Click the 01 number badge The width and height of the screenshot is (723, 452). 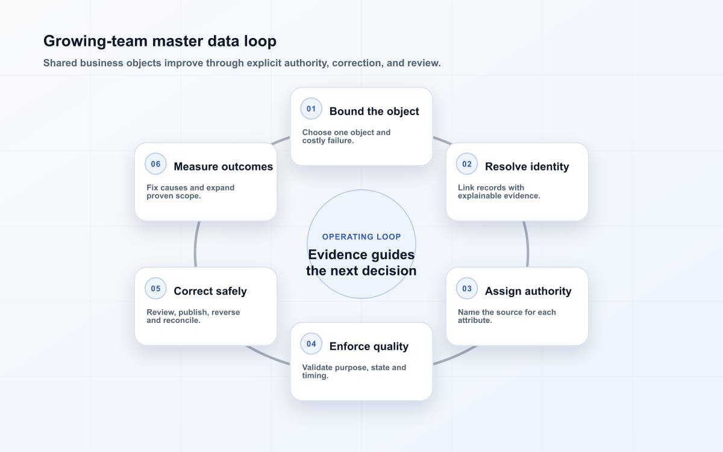pyautogui.click(x=311, y=109)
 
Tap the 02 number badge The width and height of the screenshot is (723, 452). pyautogui.click(x=467, y=164)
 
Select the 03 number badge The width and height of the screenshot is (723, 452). pyautogui.click(x=467, y=289)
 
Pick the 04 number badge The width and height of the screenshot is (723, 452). pyautogui.click(x=311, y=344)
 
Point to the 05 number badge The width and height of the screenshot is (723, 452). pyautogui.click(x=155, y=289)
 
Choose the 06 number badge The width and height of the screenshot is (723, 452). pyautogui.click(x=155, y=164)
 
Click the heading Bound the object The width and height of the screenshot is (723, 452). pyautogui.click(x=374, y=111)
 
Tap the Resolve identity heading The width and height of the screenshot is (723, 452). pyautogui.click(x=527, y=166)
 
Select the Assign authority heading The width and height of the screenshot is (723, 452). pyautogui.click(x=528, y=291)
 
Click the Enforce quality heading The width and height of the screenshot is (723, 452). pyautogui.click(x=369, y=347)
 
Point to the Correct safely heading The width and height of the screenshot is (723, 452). pyautogui.click(x=210, y=291)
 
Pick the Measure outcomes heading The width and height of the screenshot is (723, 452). pyautogui.click(x=224, y=166)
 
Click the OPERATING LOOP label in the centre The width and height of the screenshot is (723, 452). pyautogui.click(x=361, y=237)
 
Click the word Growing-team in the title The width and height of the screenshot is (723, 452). pyautogui.click(x=96, y=42)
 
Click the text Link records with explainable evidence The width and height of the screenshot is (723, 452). pyautogui.click(x=499, y=192)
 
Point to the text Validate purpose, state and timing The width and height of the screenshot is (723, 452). pyautogui.click(x=354, y=372)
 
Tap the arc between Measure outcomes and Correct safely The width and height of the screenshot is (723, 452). pyautogui.click(x=195, y=245)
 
